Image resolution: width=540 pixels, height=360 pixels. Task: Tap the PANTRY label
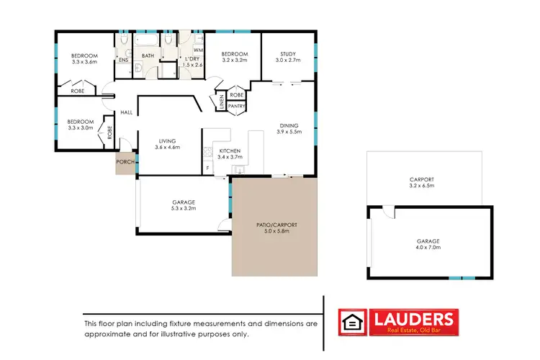tap(236, 107)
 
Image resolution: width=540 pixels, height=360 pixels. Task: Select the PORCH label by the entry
tap(125, 162)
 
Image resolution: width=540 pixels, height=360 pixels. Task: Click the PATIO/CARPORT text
tap(276, 225)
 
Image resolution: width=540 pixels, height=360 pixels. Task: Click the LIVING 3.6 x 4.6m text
tap(166, 144)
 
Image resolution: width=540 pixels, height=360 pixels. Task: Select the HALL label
tap(126, 112)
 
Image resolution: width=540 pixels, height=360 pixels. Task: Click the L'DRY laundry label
tap(192, 58)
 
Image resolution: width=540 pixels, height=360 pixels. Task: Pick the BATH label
tap(148, 55)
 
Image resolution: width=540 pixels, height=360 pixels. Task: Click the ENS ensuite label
tap(123, 60)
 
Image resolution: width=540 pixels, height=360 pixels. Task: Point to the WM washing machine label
tap(197, 49)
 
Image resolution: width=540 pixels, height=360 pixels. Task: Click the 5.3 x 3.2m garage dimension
tap(184, 209)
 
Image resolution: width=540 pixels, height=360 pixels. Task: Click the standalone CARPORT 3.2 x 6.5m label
tap(421, 182)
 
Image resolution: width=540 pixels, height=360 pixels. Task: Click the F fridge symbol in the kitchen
tap(208, 168)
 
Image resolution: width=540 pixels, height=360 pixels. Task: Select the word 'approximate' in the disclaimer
tap(109, 334)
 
